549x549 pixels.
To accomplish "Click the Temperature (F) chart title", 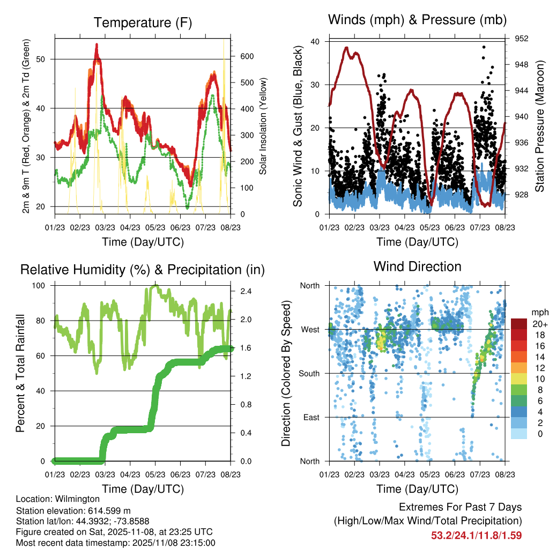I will tap(143, 23).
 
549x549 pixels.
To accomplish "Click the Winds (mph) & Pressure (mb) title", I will tap(417, 20).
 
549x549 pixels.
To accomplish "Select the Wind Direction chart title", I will tap(417, 266).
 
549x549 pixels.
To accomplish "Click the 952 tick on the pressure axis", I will tap(522, 39).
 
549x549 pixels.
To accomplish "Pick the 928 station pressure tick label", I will tap(522, 195).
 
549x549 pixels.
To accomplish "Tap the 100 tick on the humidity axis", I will tap(42, 286).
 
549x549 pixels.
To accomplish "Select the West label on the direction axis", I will tap(310, 330).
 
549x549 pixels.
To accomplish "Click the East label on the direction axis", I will tap(311, 417).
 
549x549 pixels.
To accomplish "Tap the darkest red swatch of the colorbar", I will tap(520, 324).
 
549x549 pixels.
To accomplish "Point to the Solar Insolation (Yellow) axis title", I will tap(263, 127).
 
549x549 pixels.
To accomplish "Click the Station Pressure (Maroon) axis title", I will tap(540, 127).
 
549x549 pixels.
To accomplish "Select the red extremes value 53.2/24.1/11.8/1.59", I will tap(477, 535).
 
